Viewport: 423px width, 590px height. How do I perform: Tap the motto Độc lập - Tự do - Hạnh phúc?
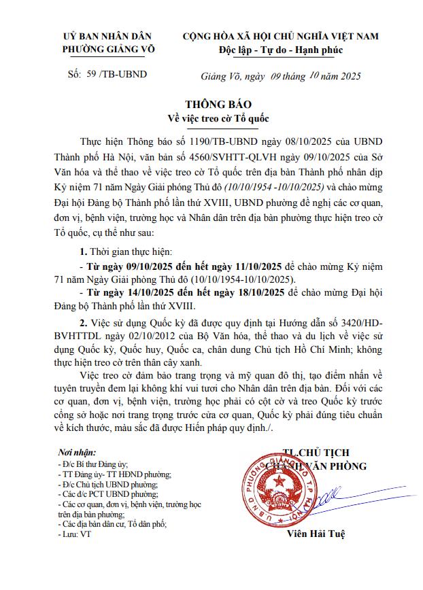point(281,50)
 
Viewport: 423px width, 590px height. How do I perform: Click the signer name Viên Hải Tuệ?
point(316,535)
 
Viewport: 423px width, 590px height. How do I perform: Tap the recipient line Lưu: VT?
point(75,535)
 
